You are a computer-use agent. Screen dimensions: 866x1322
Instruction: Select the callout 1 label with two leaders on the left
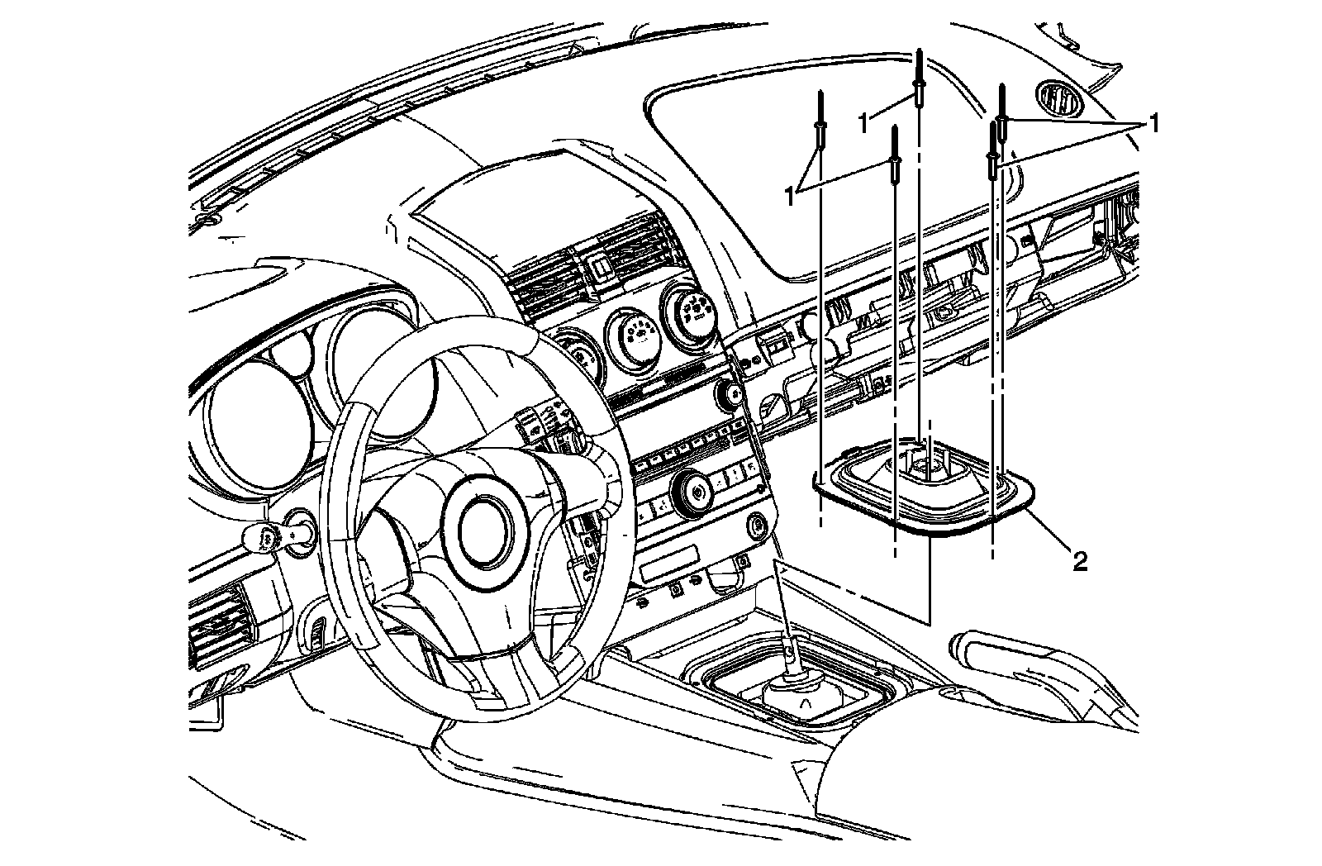point(791,195)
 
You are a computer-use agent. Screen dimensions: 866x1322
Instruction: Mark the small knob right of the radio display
point(730,396)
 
